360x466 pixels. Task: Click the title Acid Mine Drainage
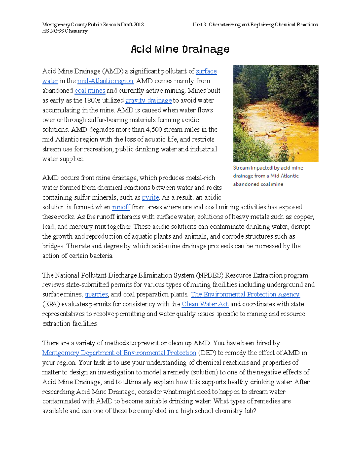pyautogui.click(x=180, y=49)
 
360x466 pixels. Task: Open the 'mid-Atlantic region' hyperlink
pyautogui.click(x=105, y=81)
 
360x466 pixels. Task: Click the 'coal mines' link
pyautogui.click(x=90, y=91)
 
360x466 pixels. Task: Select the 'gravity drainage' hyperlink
pyautogui.click(x=148, y=101)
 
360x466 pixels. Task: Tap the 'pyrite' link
pyautogui.click(x=150, y=197)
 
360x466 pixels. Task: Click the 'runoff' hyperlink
pyautogui.click(x=121, y=207)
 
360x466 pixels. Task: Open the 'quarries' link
pyautogui.click(x=96, y=294)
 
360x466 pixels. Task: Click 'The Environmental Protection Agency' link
pyautogui.click(x=245, y=294)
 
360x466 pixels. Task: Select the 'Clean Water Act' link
pyautogui.click(x=205, y=304)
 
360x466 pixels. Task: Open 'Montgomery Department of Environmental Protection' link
pyautogui.click(x=119, y=353)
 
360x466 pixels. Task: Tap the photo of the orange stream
pyautogui.click(x=276, y=113)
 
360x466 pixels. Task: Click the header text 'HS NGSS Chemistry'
pyautogui.click(x=65, y=31)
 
